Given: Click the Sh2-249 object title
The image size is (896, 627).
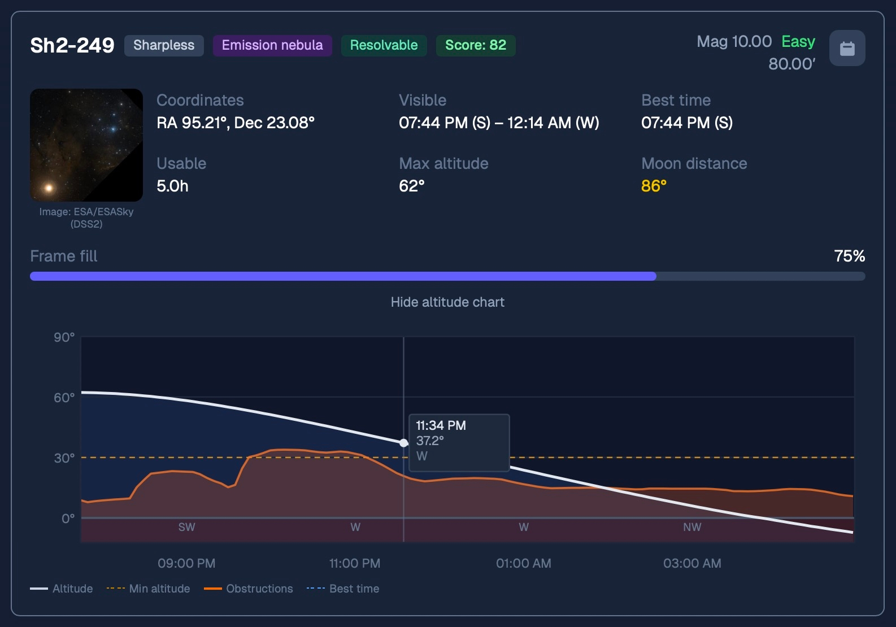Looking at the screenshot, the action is click(72, 45).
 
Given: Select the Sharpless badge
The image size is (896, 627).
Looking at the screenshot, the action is click(164, 45).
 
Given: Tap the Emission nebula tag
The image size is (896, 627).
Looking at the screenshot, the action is click(272, 45).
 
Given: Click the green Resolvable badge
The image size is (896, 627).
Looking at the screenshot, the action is click(384, 45).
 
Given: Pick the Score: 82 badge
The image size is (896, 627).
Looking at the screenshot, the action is click(476, 45).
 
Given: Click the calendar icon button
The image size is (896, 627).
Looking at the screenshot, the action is click(847, 48).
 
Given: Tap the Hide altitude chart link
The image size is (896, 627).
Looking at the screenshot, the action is click(447, 302).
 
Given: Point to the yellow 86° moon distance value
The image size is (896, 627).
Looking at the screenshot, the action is click(654, 186).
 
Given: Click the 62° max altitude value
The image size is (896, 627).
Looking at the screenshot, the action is click(412, 186).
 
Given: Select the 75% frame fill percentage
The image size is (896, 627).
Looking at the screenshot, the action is click(850, 256).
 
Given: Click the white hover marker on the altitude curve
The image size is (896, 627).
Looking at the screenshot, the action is click(403, 443).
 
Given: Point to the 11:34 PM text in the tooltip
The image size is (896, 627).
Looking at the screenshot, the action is click(441, 425).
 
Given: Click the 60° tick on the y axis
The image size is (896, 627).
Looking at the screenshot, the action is click(64, 398).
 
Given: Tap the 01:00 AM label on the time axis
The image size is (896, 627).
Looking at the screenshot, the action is click(524, 563).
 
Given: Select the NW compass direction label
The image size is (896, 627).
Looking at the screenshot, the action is click(692, 527).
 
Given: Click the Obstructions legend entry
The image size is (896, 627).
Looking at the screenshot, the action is click(249, 589).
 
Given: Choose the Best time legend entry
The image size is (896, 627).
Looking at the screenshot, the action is click(343, 589).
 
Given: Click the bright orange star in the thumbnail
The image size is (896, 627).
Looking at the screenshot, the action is click(49, 188).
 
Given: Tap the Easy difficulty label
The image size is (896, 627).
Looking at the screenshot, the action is click(798, 42).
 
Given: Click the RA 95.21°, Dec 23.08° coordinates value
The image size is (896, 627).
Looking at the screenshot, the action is click(236, 123).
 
